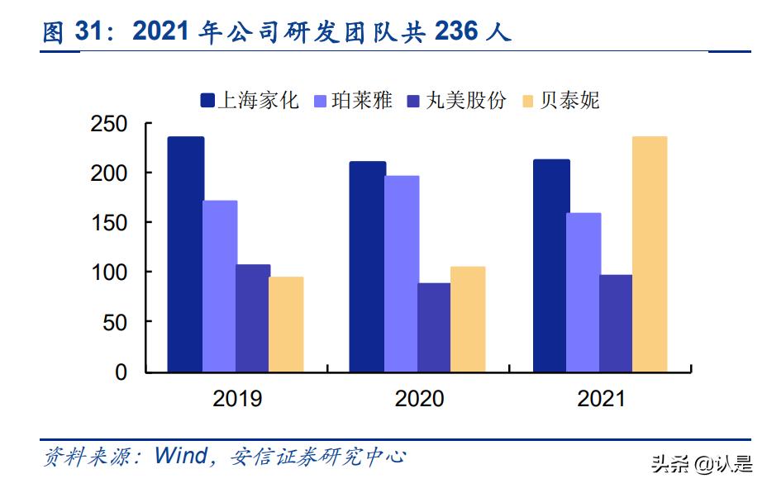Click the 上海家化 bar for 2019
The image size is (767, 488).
pos(186,254)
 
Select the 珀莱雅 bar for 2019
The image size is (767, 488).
pos(220,287)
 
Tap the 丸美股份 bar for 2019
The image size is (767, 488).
pos(253,318)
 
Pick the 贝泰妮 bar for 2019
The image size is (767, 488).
pos(286,325)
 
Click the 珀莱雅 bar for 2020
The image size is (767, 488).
pos(402,273)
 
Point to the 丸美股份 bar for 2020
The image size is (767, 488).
pos(434,327)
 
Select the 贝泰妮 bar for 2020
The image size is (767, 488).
pos(468,319)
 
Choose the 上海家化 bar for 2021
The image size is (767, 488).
pos(552,266)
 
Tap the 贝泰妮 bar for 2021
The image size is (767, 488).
pos(650,254)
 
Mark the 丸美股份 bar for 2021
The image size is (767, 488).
pos(616,324)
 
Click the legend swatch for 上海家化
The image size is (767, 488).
pos(207,101)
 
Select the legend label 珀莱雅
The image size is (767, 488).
pos(361,100)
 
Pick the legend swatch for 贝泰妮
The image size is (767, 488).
pos(528,101)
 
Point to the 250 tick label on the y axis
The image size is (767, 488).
pos(108,124)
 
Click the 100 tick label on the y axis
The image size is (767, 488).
pos(108,272)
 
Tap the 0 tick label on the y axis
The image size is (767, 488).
pos(121,372)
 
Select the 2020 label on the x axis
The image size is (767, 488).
pos(419,399)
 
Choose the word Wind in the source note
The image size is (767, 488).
pos(181,456)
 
